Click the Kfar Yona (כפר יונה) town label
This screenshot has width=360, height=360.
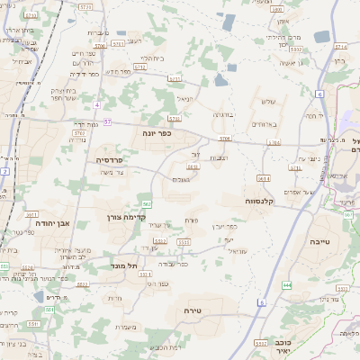coord(157,132)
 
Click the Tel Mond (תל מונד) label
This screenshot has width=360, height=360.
coord(126,265)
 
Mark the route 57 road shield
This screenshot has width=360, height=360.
coord(108,121)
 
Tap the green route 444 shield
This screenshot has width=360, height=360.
coord(286,284)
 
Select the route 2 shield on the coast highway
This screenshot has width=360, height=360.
coord(4,169)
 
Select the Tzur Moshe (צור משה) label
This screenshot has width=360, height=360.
coord(115,173)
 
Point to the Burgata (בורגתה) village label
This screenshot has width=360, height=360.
coord(223,114)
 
